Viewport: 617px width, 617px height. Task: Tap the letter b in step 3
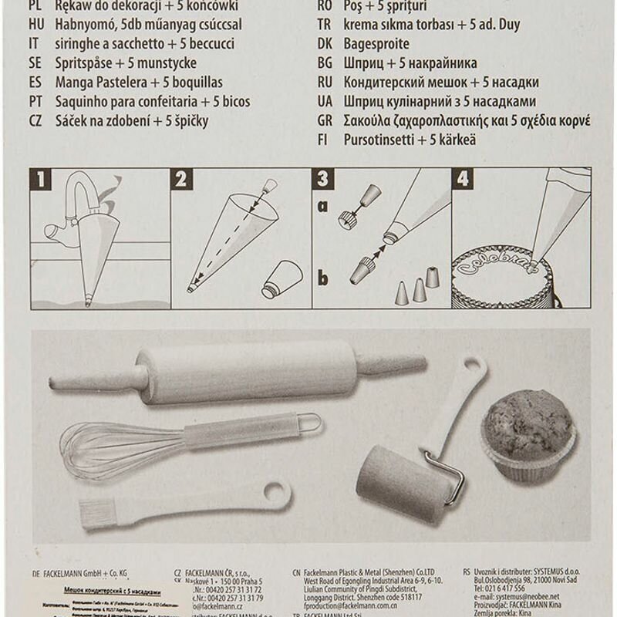(322, 278)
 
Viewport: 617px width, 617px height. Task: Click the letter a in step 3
(322, 207)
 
